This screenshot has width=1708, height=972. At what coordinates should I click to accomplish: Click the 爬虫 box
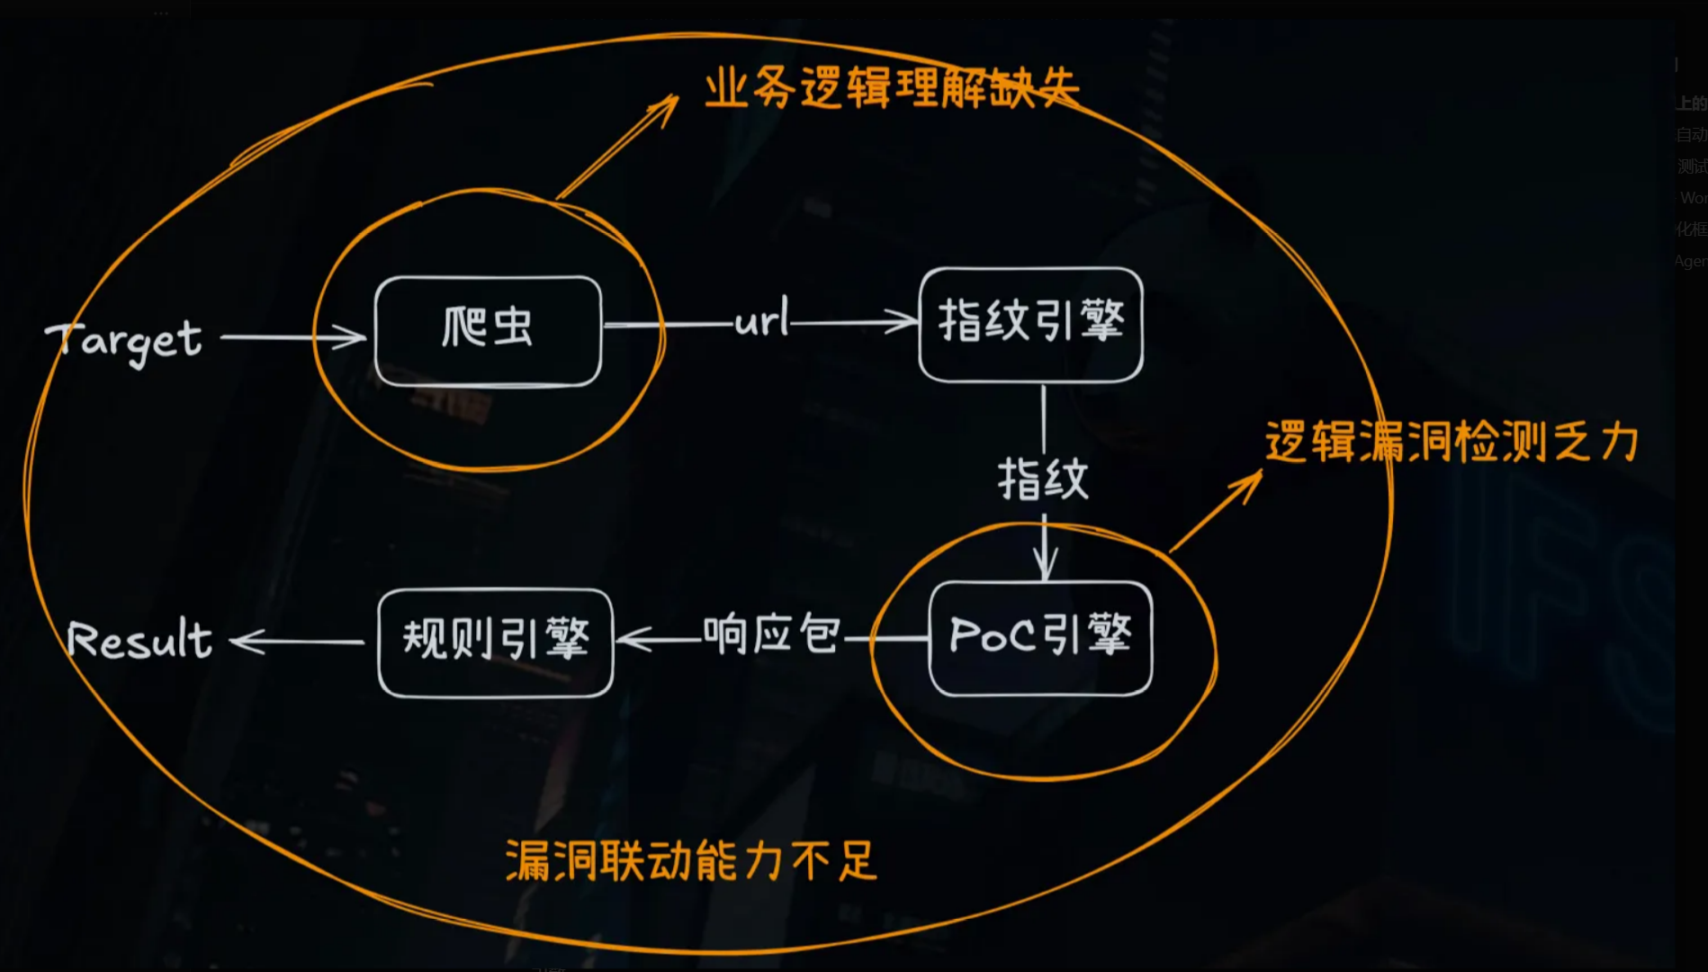tap(488, 330)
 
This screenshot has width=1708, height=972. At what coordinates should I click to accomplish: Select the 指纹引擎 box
tap(1030, 324)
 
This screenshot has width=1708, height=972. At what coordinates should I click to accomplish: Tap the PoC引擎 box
tap(1040, 638)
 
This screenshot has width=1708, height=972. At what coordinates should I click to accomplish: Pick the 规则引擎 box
tap(495, 642)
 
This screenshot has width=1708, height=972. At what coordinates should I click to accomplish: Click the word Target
tap(124, 341)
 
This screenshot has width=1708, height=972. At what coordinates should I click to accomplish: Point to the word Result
tap(139, 640)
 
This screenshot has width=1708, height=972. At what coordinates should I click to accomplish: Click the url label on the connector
tap(761, 319)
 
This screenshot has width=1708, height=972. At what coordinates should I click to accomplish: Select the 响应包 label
tap(771, 634)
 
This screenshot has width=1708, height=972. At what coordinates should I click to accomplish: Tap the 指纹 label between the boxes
tap(1043, 479)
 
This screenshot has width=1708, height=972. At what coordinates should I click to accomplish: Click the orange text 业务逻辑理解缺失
tap(891, 88)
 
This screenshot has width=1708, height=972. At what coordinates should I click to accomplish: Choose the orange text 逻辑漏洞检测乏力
tap(1451, 442)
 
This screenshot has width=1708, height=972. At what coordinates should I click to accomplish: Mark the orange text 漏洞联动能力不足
tap(690, 860)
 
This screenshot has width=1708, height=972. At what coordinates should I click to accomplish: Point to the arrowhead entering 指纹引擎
tap(904, 321)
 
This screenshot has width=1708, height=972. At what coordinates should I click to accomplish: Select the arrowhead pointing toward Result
tap(243, 642)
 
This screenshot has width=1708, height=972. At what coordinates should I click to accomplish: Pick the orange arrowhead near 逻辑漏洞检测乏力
tap(1251, 481)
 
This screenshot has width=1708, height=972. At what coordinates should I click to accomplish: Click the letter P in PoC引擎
tap(965, 635)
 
